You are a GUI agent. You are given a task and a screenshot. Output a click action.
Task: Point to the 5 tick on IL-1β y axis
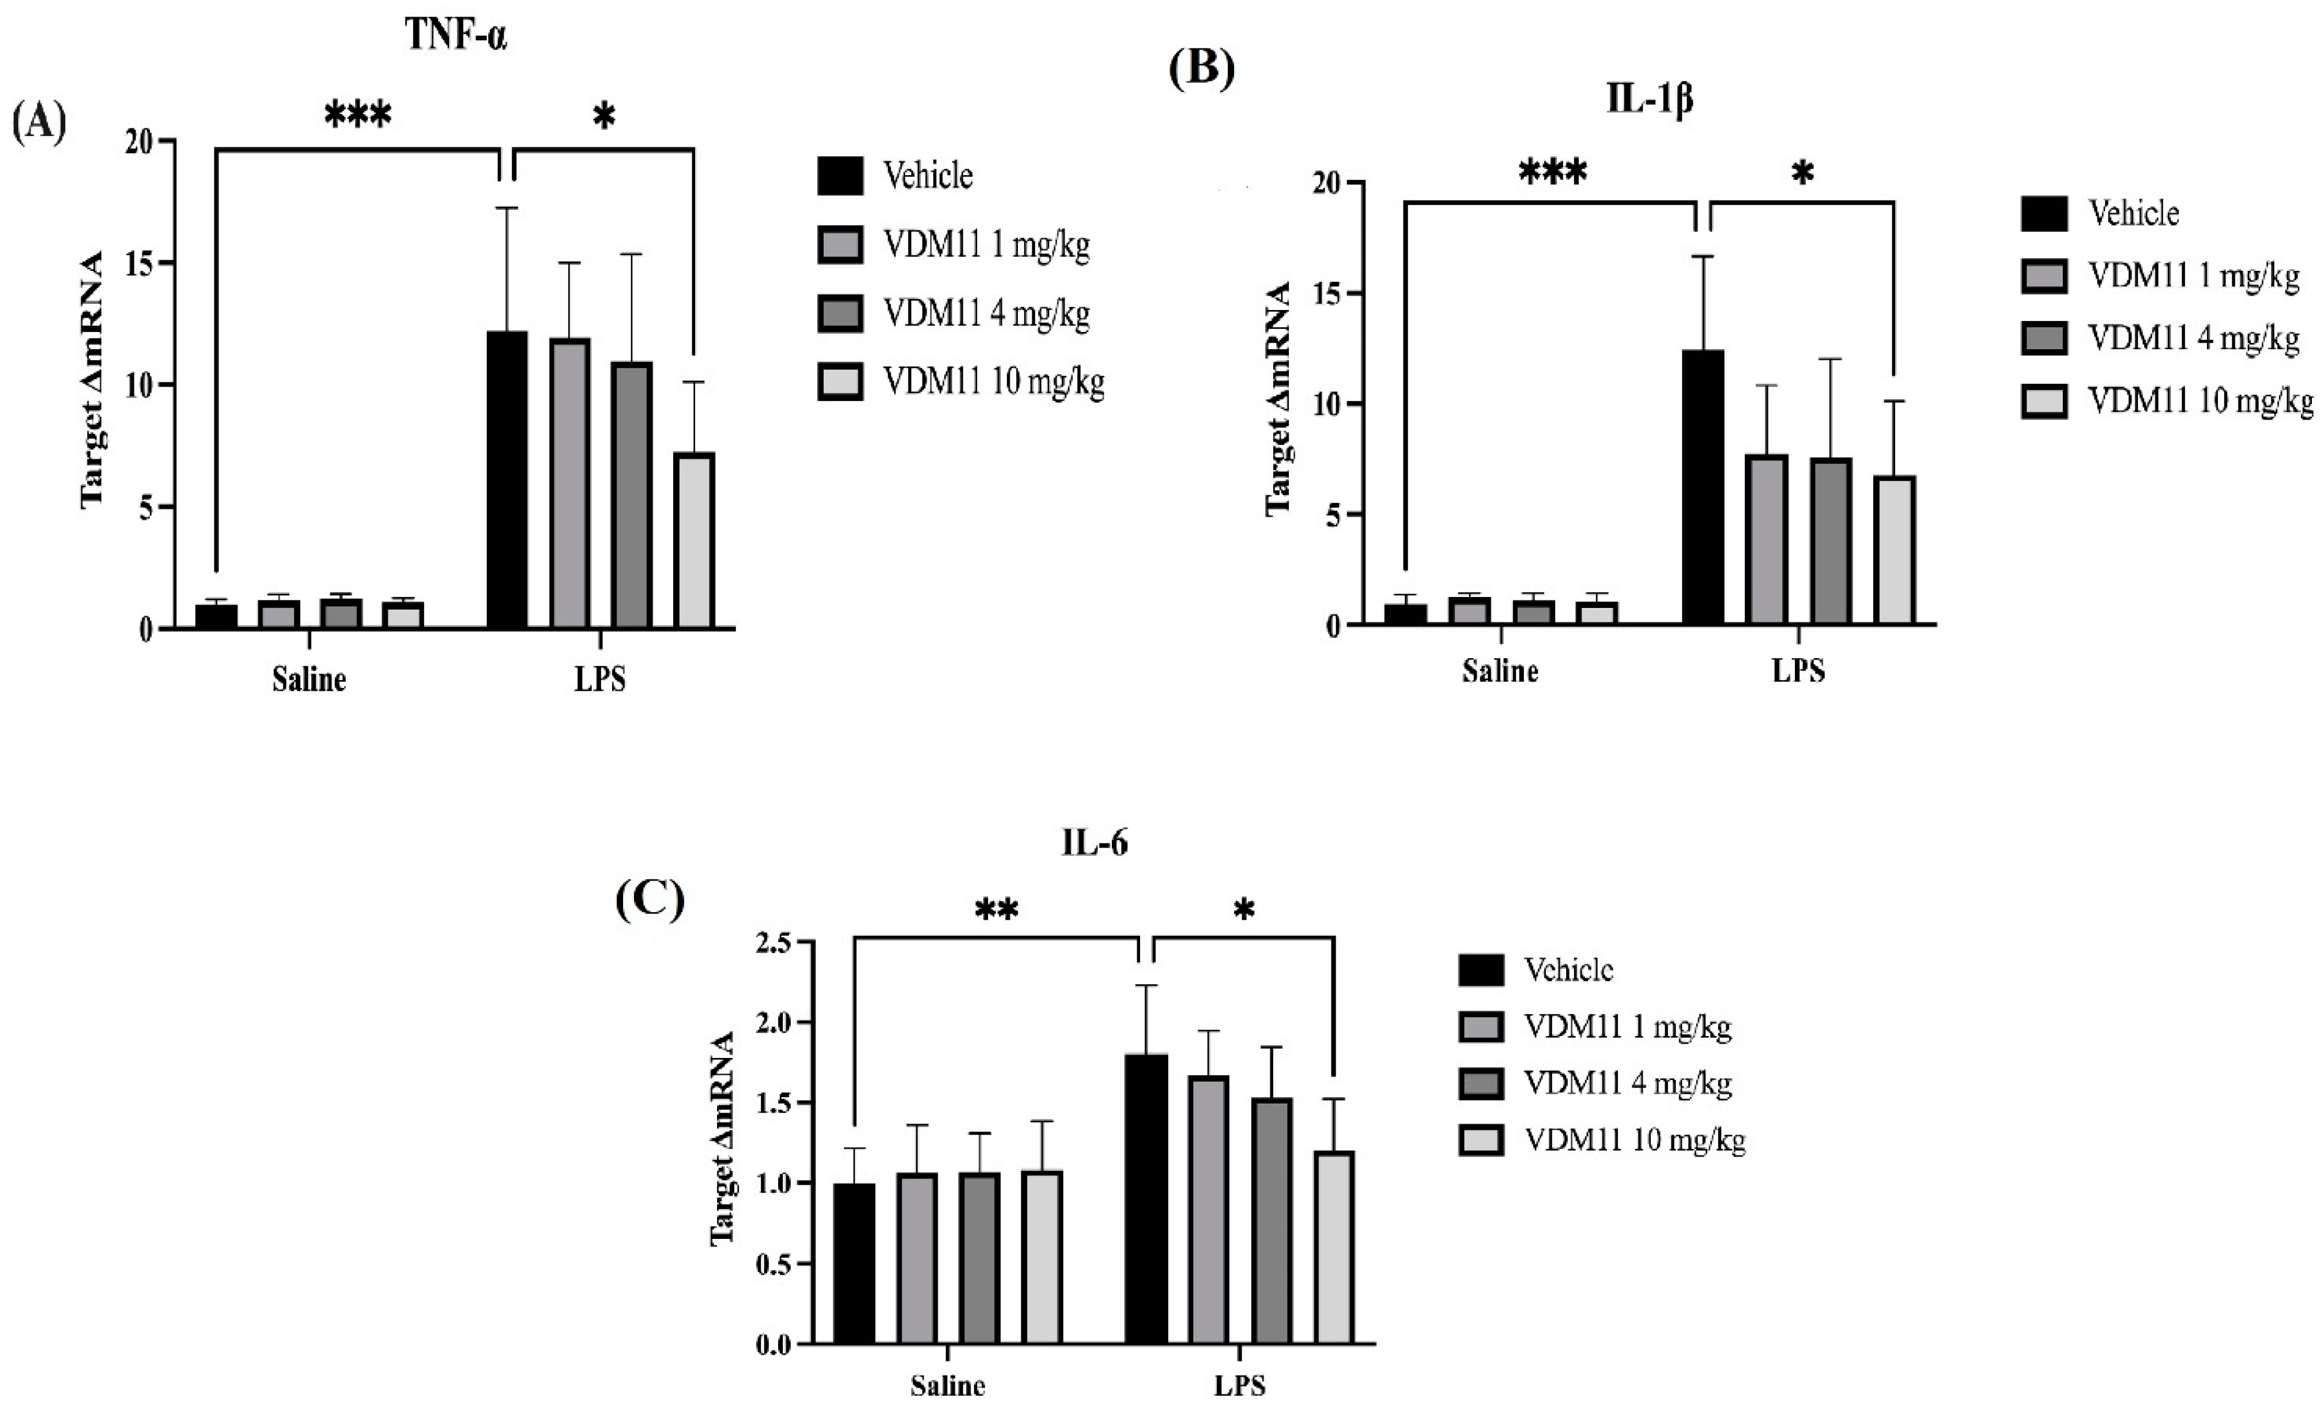1329,515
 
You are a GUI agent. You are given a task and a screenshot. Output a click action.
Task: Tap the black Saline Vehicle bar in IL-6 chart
855,1263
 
